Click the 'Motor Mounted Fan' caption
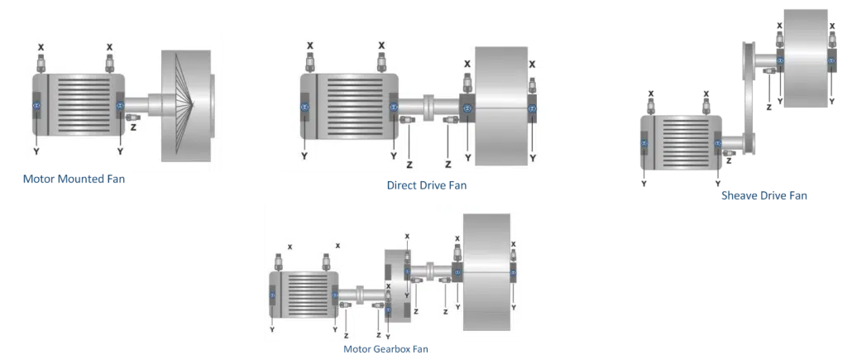tap(74, 179)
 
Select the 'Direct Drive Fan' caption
tap(427, 185)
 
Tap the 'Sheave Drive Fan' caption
tap(764, 195)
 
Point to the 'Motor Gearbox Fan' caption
tap(385, 348)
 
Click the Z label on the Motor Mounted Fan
tap(133, 128)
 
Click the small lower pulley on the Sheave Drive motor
tap(747, 142)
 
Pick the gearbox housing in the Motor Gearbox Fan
tap(399, 286)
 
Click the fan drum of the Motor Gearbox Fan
tap(486, 271)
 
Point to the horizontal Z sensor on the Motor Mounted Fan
tap(133, 117)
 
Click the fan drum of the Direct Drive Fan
tap(501, 106)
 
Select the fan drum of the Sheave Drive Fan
tap(806, 58)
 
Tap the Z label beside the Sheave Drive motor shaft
tap(730, 161)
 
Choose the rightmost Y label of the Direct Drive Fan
tap(533, 158)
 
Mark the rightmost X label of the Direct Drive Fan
tap(532, 65)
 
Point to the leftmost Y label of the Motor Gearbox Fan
tap(272, 329)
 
